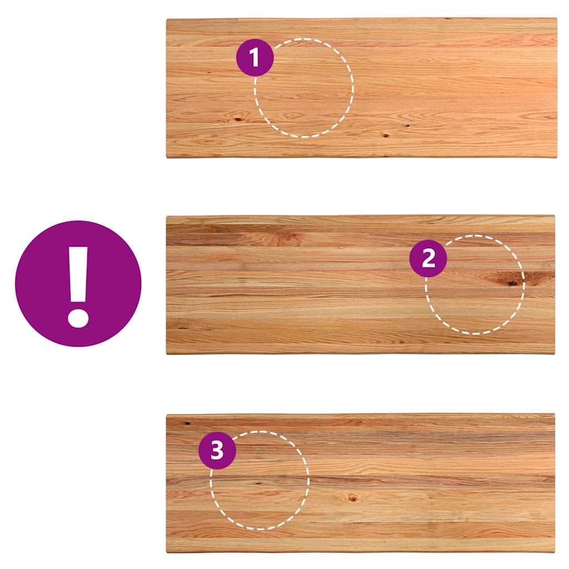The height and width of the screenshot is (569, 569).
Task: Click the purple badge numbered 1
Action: click(254, 57)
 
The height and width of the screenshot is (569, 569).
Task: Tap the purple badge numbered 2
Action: click(428, 258)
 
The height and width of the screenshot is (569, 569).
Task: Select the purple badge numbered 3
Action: click(217, 450)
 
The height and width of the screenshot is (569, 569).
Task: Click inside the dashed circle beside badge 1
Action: click(304, 88)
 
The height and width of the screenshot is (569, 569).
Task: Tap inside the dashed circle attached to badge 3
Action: click(260, 480)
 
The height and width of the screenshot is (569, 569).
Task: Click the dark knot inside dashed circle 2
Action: click(511, 283)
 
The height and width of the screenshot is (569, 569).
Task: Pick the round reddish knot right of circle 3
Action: click(352, 498)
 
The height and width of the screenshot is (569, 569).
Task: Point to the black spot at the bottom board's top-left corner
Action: click(188, 423)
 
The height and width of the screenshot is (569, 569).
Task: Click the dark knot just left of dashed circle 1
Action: click(238, 119)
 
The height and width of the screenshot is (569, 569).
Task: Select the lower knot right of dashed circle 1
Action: click(386, 136)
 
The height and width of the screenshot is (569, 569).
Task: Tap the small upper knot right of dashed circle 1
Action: click(407, 126)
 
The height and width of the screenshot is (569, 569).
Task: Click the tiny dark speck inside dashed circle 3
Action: click(258, 483)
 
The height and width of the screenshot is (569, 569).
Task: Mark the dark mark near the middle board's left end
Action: click(183, 327)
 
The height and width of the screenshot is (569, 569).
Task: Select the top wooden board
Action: click(361, 88)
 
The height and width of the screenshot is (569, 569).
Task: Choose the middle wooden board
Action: click(361, 284)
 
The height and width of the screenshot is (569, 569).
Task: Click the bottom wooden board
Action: click(361, 483)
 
